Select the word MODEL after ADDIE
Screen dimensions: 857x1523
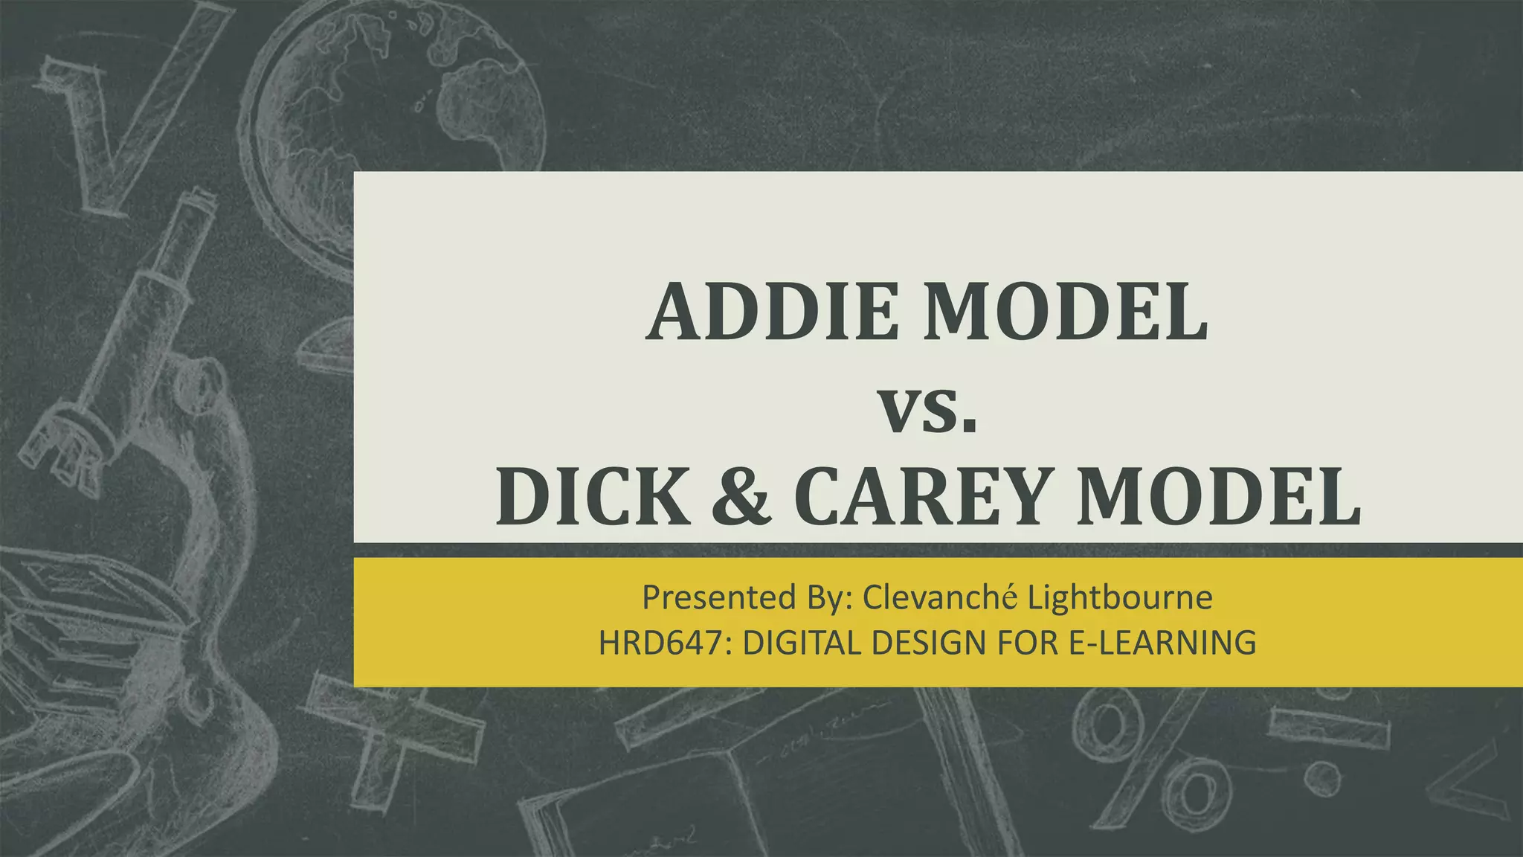[1066, 312]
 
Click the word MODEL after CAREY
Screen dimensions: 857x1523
[1220, 497]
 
